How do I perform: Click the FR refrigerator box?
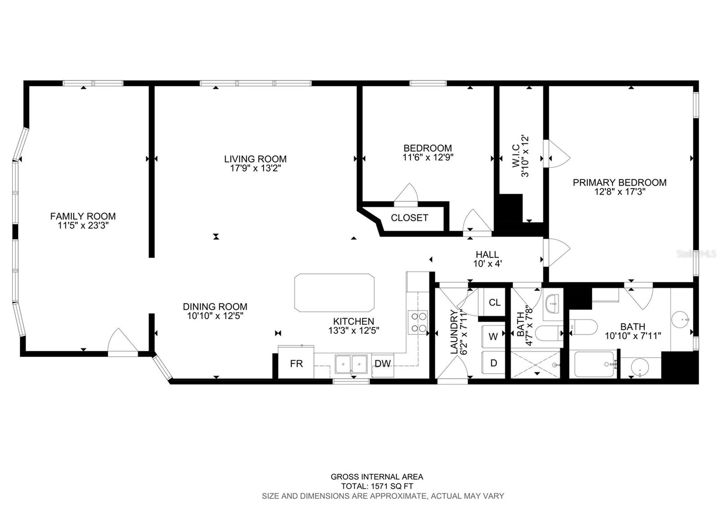(296, 363)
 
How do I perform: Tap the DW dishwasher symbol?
(383, 363)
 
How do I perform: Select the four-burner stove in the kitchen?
(418, 322)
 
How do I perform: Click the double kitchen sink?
(352, 364)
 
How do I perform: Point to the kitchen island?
(334, 293)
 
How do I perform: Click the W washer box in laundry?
(493, 337)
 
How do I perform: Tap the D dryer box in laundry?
(493, 363)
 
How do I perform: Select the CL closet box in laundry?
(494, 302)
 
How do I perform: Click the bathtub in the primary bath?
(594, 364)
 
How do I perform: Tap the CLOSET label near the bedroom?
(409, 218)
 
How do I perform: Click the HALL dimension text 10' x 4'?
(487, 264)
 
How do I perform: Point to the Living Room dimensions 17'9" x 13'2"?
(255, 168)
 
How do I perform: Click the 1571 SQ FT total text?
(377, 486)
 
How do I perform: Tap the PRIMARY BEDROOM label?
(619, 183)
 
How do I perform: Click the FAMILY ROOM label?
(83, 216)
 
